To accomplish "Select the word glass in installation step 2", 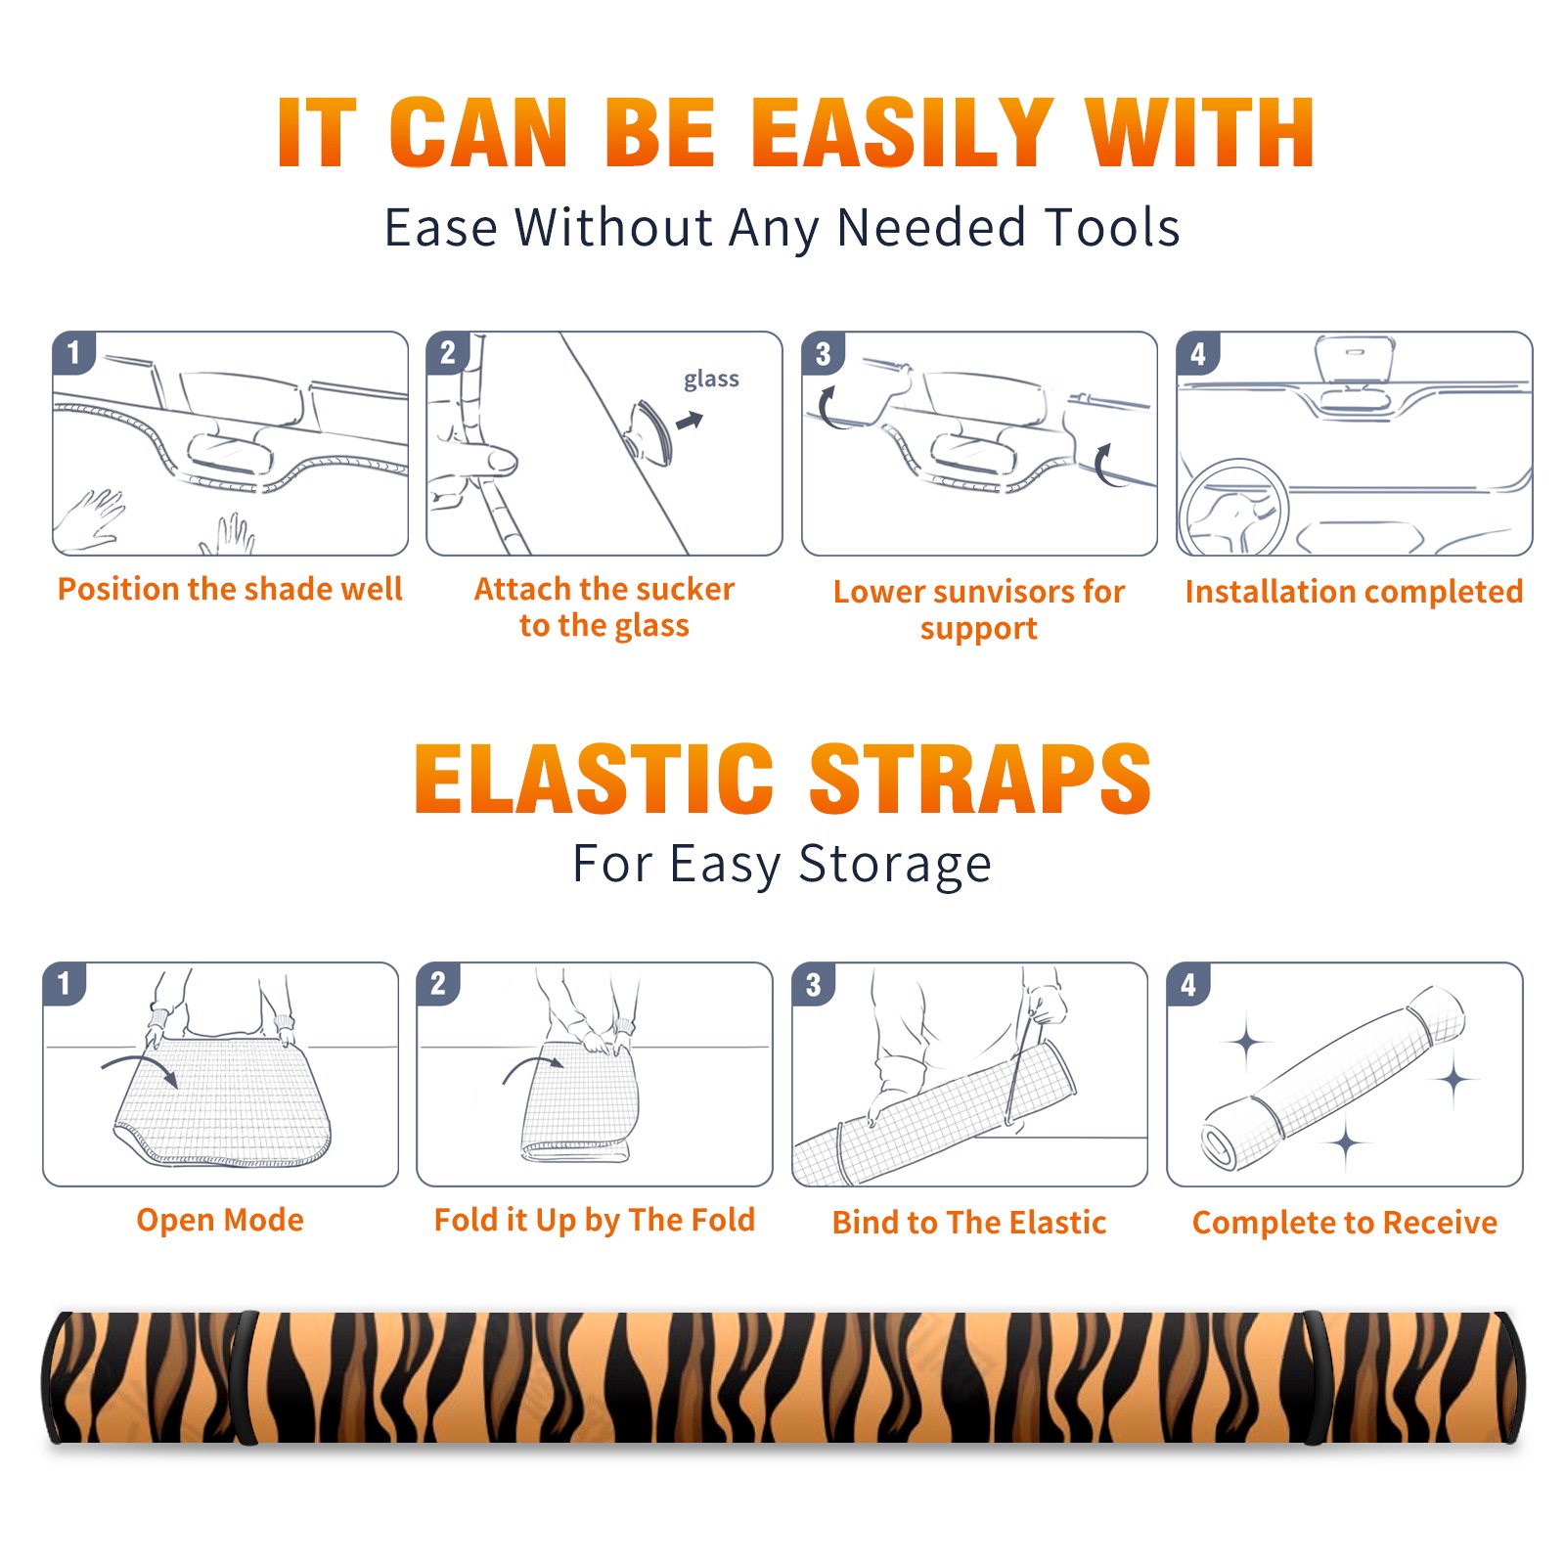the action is [711, 380].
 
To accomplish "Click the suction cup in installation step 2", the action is [650, 431].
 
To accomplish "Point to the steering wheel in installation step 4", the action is [1232, 509].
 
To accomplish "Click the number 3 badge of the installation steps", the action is [823, 353].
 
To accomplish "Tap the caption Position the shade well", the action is [230, 589].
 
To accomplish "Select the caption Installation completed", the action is [1354, 592].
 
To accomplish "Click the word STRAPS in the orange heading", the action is [980, 779].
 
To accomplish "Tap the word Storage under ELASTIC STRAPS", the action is [895, 865].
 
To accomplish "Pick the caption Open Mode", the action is [220, 1220].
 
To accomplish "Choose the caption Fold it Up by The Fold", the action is [595, 1221].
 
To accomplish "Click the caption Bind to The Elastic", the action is [969, 1223].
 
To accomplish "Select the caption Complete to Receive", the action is [1345, 1223].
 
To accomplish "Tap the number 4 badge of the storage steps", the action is [1188, 984].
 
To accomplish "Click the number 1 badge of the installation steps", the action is [73, 352].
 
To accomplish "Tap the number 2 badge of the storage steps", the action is [438, 983].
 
